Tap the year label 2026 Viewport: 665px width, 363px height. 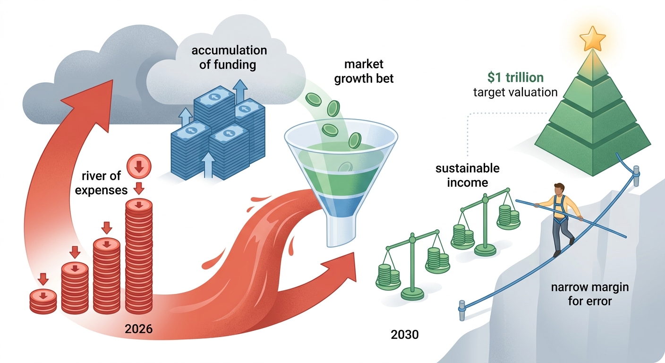coord(139,329)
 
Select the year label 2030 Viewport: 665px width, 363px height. coord(405,335)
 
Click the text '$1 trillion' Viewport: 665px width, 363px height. coord(515,78)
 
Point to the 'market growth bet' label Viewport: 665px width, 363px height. coord(364,71)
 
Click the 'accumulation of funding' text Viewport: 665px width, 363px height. coord(229,57)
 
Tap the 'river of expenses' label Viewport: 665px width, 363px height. coord(101,183)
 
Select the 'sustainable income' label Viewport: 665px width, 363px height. coord(468,175)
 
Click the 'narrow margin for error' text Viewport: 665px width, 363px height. coord(590,294)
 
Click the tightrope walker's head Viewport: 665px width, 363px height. coord(559,189)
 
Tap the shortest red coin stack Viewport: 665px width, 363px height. coord(43,301)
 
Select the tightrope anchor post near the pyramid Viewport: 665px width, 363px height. coord(636,176)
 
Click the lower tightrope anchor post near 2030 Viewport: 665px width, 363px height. coord(461,310)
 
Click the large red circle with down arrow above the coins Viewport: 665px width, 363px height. coord(139,166)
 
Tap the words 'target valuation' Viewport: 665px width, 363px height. coord(515,92)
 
